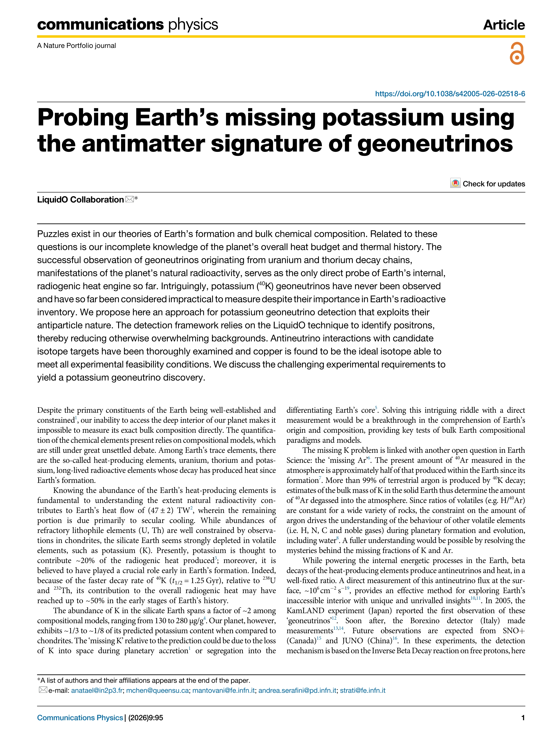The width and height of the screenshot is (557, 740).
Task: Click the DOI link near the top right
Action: [x=450, y=94]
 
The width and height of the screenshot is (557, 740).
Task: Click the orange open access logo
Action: [x=517, y=53]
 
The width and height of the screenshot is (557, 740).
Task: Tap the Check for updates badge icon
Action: [x=455, y=183]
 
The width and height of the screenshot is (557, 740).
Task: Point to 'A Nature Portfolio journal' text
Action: [x=77, y=46]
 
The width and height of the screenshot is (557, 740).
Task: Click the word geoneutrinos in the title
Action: [x=435, y=144]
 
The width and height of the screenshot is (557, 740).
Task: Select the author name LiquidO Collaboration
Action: [x=80, y=200]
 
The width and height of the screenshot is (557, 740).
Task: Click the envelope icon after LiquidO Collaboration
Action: [x=129, y=200]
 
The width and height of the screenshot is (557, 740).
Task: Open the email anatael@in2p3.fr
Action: [x=97, y=691]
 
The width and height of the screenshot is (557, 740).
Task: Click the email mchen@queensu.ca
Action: [x=157, y=691]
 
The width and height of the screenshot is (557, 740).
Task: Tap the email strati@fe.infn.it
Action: [x=363, y=691]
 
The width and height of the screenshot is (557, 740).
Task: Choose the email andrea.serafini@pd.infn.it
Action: [x=297, y=691]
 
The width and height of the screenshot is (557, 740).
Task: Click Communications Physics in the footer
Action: [x=80, y=718]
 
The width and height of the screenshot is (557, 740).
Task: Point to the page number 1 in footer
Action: [x=523, y=718]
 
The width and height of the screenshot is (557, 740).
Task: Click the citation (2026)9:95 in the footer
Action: [x=146, y=718]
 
